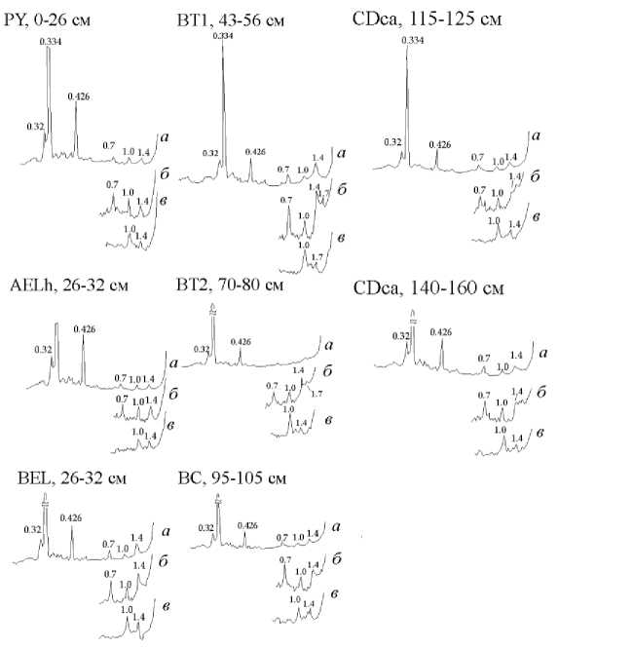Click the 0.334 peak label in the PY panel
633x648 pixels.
pos(51,41)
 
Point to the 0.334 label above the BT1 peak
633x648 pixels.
pos(223,36)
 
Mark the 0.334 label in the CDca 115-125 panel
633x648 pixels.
pos(413,40)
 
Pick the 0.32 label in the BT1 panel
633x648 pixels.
pos(210,153)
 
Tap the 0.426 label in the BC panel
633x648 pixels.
pos(247,525)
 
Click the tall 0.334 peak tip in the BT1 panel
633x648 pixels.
pos(223,45)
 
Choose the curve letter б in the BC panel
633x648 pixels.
pos(335,556)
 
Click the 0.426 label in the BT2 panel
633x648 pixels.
pos(241,341)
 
